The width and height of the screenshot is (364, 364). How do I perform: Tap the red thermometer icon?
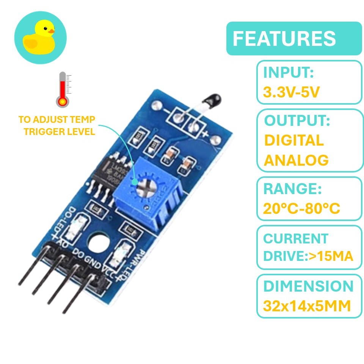coord(63,90)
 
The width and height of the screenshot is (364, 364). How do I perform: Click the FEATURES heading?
coord(284,39)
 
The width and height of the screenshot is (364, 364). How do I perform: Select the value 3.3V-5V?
coord(292,92)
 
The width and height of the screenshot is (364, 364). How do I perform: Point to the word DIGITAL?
coord(294,140)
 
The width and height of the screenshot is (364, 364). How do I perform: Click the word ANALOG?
coord(296,160)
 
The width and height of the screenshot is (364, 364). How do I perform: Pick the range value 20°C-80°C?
coord(301,208)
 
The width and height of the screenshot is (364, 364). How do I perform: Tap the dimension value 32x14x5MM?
coord(307,306)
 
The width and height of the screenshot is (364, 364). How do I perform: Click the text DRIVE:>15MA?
coord(308,256)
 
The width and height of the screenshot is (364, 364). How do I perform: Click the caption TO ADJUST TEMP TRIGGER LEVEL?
coord(57,126)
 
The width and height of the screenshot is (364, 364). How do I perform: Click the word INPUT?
coord(289,72)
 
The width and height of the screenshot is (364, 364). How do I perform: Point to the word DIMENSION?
coord(308,286)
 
